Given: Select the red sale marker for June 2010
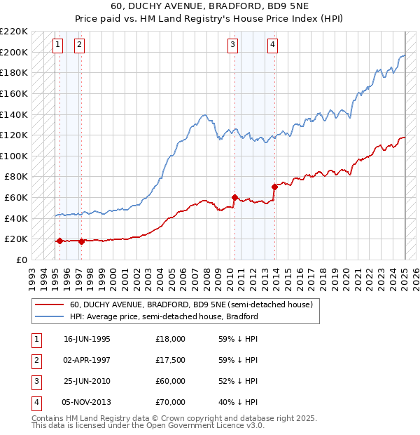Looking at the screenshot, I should (234, 197).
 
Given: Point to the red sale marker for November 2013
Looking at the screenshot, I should (274, 187).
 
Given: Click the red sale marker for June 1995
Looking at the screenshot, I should (59, 241).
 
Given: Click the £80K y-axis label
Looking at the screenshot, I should (16, 177).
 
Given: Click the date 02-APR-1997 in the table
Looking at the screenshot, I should (87, 360).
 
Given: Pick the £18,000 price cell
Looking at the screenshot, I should (170, 339).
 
